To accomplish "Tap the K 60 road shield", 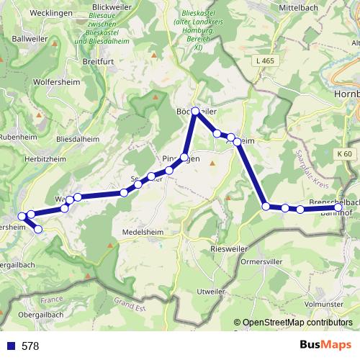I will (344, 154).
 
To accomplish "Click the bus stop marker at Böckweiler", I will (195, 111).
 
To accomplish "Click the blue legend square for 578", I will (10, 346).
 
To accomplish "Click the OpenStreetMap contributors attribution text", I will (297, 323).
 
